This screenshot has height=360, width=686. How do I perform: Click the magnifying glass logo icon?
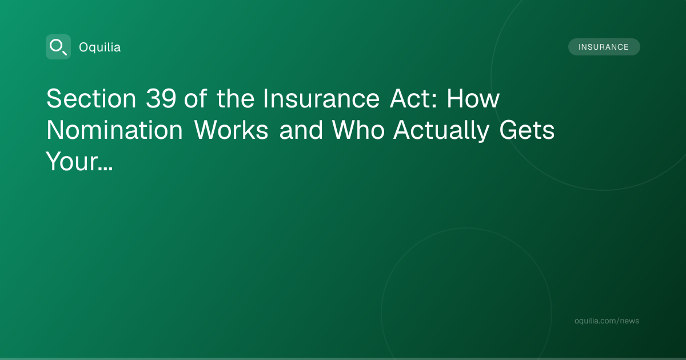(58, 47)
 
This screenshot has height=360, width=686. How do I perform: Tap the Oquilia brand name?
(100, 47)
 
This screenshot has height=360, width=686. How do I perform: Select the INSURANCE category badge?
(604, 47)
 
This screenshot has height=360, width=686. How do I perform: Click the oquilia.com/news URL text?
(607, 321)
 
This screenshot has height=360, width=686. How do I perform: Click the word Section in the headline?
(91, 98)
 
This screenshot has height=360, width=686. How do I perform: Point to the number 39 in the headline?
(161, 98)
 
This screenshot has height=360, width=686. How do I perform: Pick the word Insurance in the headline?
(321, 98)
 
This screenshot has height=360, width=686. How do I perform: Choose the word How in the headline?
(473, 98)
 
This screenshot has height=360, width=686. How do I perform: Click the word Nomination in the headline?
(114, 130)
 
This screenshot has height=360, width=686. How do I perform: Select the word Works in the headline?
(231, 130)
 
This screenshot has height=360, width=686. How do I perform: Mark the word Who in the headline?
(358, 130)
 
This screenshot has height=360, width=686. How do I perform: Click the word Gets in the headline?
(527, 130)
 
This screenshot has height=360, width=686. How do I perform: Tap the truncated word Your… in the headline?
(79, 161)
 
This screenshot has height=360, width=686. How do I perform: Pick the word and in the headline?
(301, 130)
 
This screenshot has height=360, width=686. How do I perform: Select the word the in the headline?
(236, 98)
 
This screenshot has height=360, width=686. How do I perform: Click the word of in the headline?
(196, 98)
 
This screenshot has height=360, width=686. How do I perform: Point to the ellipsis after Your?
(106, 169)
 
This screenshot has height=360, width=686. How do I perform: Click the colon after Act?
(434, 101)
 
